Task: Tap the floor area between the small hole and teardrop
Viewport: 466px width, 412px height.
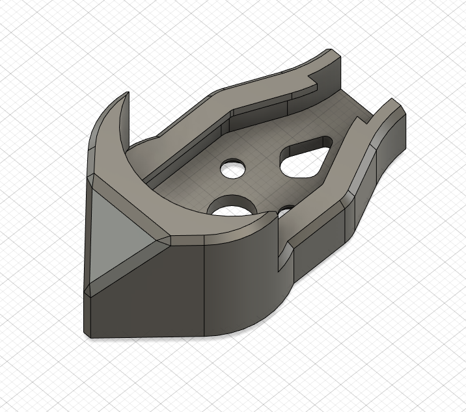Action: [x=264, y=166]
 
